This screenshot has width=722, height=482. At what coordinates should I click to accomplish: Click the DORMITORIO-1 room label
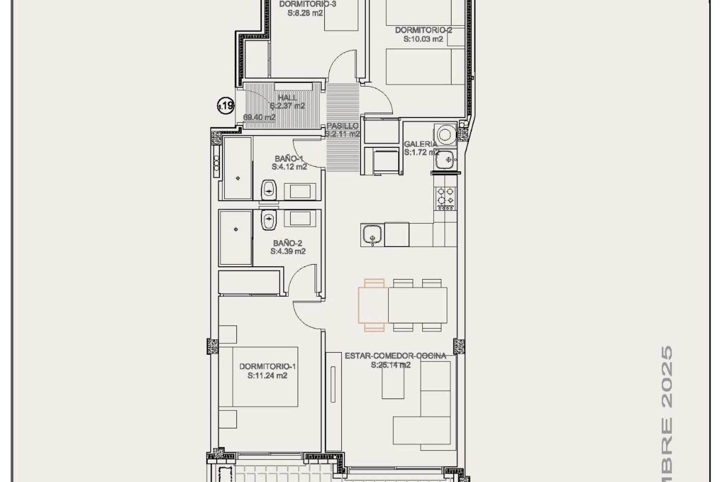click(x=267, y=366)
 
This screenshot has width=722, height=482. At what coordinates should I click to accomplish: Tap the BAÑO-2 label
click(x=288, y=243)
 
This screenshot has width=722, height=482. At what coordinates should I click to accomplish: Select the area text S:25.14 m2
click(x=390, y=365)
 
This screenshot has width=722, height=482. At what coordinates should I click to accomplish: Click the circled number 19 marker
click(x=226, y=105)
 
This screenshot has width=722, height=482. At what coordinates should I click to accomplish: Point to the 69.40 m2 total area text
click(x=259, y=117)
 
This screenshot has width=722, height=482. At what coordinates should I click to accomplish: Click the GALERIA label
click(x=420, y=144)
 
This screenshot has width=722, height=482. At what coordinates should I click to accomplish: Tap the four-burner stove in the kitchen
click(x=445, y=197)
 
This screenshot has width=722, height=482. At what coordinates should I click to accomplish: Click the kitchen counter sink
click(x=372, y=234)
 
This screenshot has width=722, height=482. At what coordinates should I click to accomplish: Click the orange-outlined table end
click(x=373, y=305)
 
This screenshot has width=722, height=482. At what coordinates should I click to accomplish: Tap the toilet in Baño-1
click(x=268, y=190)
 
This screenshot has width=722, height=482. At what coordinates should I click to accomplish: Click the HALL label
click(x=287, y=98)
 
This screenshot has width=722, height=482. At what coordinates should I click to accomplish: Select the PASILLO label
click(x=342, y=126)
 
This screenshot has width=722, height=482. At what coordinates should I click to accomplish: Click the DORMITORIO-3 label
click(x=307, y=4)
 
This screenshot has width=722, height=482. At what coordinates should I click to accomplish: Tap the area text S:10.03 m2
click(x=423, y=39)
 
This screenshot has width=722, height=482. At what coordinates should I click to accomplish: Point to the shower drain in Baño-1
click(x=238, y=178)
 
